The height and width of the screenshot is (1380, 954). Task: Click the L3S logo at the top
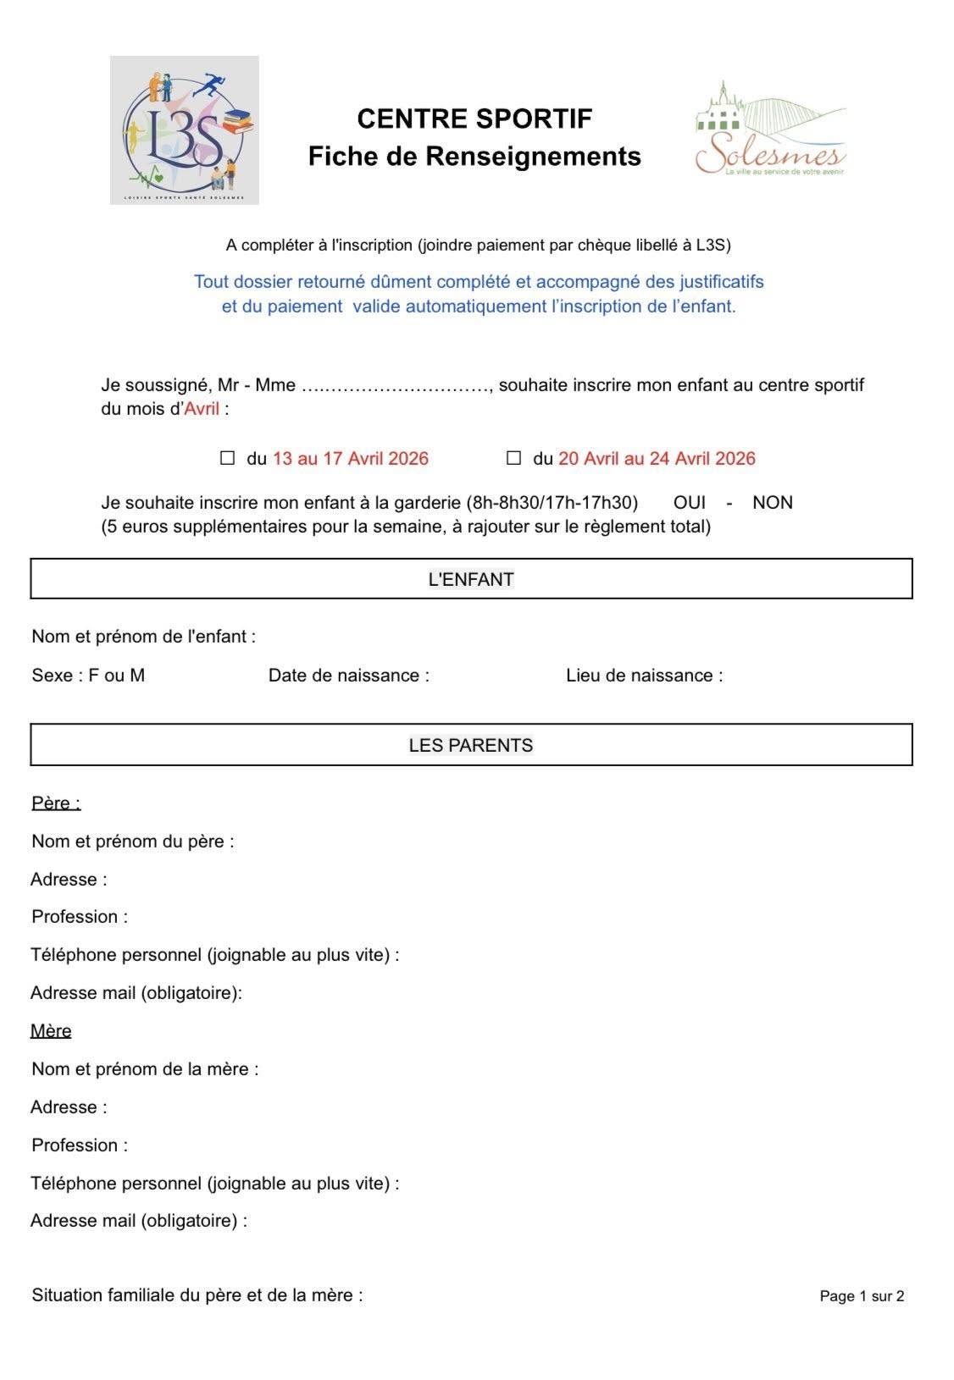tap(184, 130)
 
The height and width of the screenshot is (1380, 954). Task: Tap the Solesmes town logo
tap(769, 131)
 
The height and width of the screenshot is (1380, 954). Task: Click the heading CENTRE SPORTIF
tap(474, 119)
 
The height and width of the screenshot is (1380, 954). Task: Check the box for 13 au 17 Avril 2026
tap(227, 458)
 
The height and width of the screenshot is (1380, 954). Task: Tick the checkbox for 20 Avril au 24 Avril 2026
tap(513, 458)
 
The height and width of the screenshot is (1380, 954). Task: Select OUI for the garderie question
tap(690, 502)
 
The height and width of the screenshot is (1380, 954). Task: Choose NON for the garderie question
tap(772, 502)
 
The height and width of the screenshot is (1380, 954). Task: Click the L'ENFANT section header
tap(471, 579)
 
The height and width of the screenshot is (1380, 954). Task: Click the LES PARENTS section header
tap(471, 745)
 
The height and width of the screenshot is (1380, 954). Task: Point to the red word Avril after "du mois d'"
tap(202, 409)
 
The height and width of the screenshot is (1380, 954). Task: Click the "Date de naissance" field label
tap(349, 676)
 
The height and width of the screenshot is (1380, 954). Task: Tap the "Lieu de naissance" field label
tap(644, 676)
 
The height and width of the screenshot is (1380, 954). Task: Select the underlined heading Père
tap(56, 803)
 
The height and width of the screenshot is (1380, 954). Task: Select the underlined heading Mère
tap(51, 1030)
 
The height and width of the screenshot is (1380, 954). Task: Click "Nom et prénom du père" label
tap(133, 841)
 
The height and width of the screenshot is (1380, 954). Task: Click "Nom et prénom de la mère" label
tap(145, 1068)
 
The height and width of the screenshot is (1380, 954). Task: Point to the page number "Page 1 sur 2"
tap(862, 1296)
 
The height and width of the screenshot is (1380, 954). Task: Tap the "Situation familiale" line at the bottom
tap(197, 1294)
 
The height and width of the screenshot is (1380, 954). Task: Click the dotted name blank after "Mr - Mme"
tap(395, 386)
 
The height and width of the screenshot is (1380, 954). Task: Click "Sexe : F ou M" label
tap(88, 676)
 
